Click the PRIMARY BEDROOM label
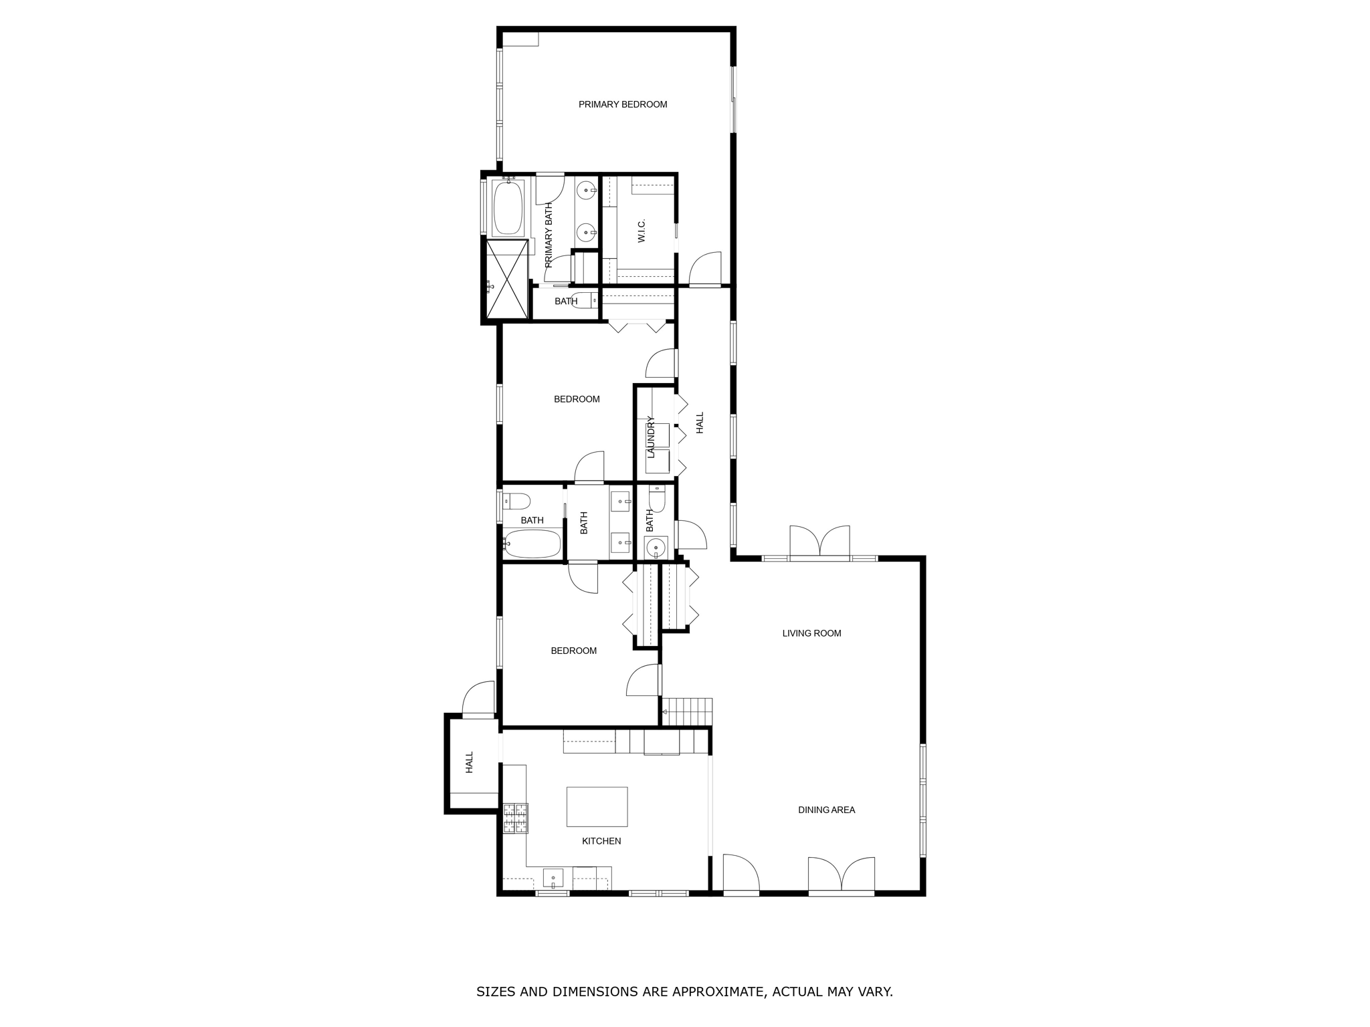[x=623, y=104]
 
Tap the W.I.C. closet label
[x=642, y=231]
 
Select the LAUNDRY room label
[x=650, y=437]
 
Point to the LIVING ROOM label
[x=811, y=633]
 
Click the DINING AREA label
[x=826, y=810]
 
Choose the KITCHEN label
[x=601, y=841]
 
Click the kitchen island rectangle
[x=597, y=806]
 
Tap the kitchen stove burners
[x=515, y=818]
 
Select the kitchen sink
[x=553, y=877]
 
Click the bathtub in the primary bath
[x=508, y=208]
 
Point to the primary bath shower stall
[x=507, y=279]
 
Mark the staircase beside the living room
[x=687, y=711]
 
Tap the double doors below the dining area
[x=842, y=875]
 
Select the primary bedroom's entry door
[x=705, y=269]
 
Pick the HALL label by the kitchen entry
[x=469, y=762]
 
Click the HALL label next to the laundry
[x=700, y=423]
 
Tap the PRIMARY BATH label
[x=549, y=235]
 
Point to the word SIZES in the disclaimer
[x=496, y=992]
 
